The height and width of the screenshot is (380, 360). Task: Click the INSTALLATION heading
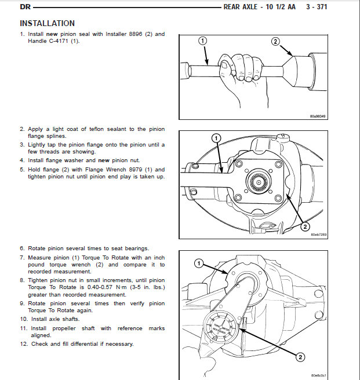click(x=47, y=23)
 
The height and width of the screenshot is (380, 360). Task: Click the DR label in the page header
click(x=26, y=8)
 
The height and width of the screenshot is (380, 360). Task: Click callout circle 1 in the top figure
click(x=202, y=41)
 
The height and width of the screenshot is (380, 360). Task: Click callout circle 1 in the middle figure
click(x=215, y=138)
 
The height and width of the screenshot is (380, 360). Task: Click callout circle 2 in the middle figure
click(x=305, y=226)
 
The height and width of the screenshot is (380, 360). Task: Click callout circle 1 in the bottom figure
click(x=198, y=264)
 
